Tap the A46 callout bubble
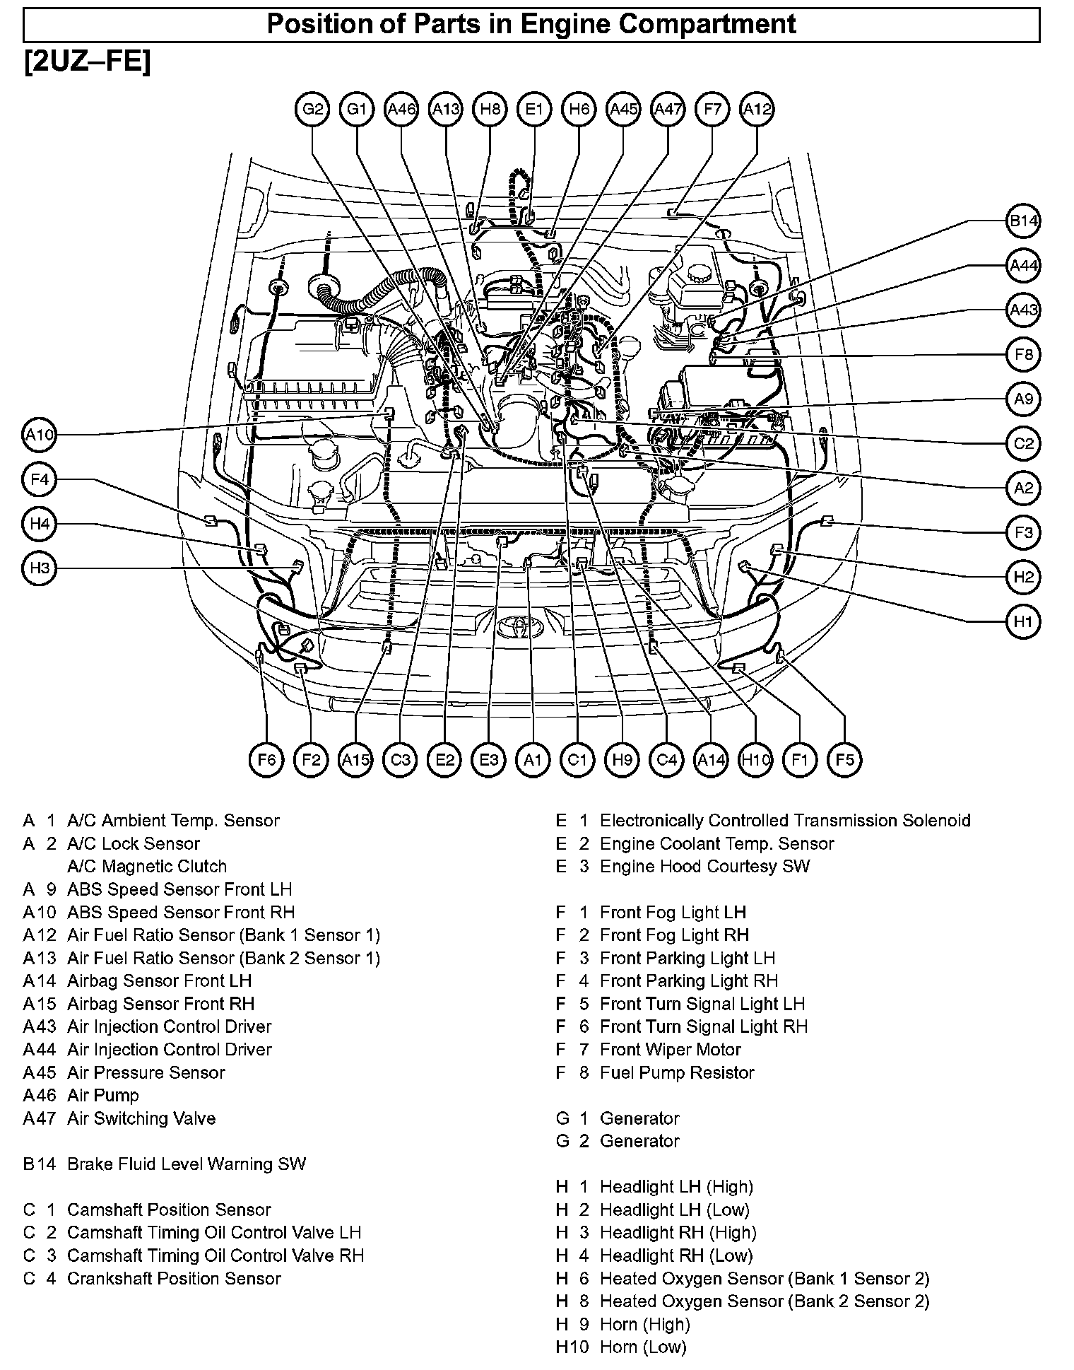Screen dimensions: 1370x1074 click(x=401, y=110)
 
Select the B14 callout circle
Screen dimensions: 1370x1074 click(x=1023, y=222)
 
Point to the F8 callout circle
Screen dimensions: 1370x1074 click(x=1023, y=355)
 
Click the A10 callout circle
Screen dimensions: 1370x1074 click(x=40, y=435)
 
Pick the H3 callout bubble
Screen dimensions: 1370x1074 click(x=40, y=568)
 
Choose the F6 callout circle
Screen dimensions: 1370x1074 click(x=266, y=760)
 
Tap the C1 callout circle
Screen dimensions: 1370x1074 click(x=577, y=760)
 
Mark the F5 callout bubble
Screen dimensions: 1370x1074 click(x=844, y=760)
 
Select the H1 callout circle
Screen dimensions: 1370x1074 click(x=1023, y=622)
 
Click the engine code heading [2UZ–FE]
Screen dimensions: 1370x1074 click(x=87, y=62)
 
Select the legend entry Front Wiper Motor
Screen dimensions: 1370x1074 click(x=670, y=1050)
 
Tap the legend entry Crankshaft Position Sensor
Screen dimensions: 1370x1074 click(x=174, y=1279)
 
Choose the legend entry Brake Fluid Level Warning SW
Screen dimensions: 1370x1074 click(x=187, y=1164)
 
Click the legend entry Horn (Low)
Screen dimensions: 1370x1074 click(x=643, y=1347)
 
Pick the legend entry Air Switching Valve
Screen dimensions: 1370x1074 click(x=141, y=1118)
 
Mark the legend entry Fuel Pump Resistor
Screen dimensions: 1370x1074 click(x=677, y=1072)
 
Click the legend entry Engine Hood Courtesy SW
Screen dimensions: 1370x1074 click(x=704, y=867)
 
